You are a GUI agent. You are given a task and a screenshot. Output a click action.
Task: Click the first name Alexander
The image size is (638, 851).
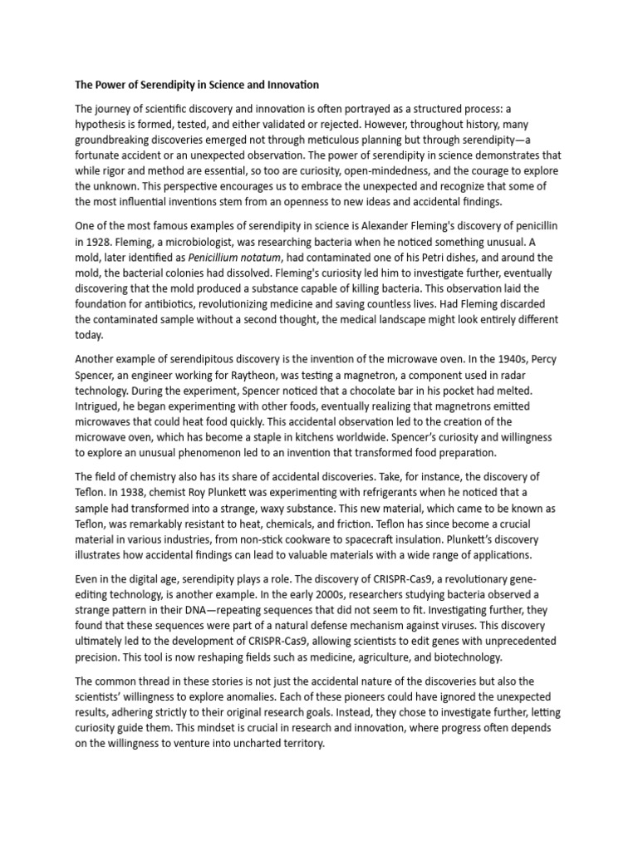point(366,227)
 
